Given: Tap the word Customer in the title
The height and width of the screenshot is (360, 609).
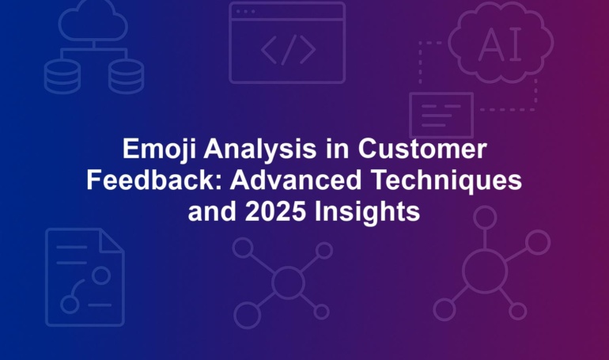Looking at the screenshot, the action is pyautogui.click(x=422, y=148).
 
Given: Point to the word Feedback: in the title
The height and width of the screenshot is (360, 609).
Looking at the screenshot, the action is pyautogui.click(x=153, y=180).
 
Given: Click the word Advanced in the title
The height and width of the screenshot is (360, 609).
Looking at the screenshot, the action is pyautogui.click(x=296, y=180).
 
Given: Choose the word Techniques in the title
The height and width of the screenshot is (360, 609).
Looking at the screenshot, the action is pyautogui.click(x=446, y=180).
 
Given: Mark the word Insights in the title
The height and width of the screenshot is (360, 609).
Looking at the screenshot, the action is pyautogui.click(x=368, y=212).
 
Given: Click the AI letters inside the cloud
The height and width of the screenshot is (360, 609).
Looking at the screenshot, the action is pyautogui.click(x=500, y=44).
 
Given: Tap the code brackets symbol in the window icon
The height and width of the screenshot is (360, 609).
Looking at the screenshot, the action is pyautogui.click(x=288, y=50).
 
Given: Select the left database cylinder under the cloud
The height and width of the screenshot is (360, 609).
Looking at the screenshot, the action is pyautogui.click(x=62, y=77).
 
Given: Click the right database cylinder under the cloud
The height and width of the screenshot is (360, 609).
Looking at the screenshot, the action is pyautogui.click(x=126, y=77).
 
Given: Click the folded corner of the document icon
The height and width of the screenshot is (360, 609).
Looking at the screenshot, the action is pyautogui.click(x=112, y=241).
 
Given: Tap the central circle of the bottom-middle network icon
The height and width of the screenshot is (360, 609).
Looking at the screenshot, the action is pyautogui.click(x=288, y=282).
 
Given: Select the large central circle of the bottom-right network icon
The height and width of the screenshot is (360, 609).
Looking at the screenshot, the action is pyautogui.click(x=485, y=271).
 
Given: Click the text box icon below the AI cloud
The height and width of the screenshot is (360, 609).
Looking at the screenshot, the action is pyautogui.click(x=441, y=116).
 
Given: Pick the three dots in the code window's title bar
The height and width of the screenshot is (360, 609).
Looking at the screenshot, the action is pyautogui.click(x=245, y=12).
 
